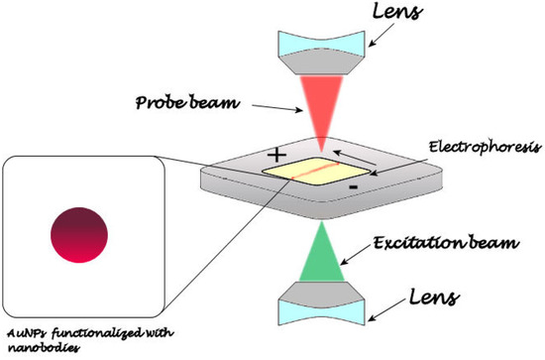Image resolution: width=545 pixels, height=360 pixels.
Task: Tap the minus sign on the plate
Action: tap(355, 185)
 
